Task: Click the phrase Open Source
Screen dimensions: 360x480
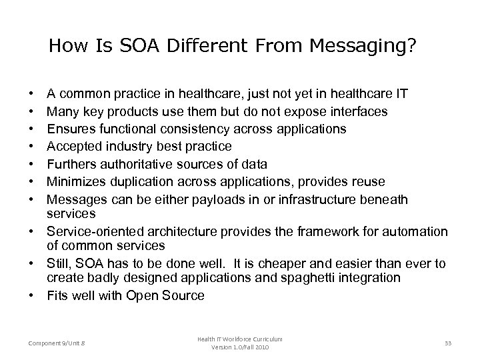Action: [x=170, y=294]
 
